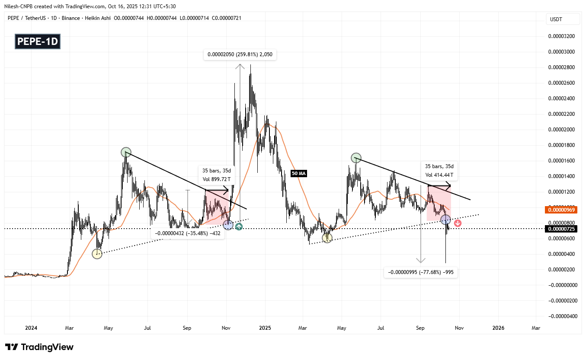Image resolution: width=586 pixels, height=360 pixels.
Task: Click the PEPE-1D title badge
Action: click(38, 41)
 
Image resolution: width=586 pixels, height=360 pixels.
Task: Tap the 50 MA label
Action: click(299, 173)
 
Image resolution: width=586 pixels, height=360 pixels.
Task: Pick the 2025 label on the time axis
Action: click(265, 328)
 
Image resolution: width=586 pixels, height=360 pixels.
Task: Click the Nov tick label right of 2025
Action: click(459, 328)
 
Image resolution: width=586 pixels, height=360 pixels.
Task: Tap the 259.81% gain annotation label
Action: click(240, 55)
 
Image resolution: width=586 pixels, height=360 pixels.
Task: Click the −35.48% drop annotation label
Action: click(187, 233)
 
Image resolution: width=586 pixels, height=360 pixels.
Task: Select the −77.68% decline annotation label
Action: click(420, 272)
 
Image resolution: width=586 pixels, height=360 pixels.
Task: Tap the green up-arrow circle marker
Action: click(238, 226)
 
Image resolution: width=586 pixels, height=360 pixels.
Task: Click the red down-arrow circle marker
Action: click(458, 223)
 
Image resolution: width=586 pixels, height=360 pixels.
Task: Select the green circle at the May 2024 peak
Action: click(126, 152)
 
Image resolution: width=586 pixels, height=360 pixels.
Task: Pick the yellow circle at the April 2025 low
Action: click(327, 238)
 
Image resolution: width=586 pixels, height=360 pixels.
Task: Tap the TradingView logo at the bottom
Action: click(39, 347)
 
